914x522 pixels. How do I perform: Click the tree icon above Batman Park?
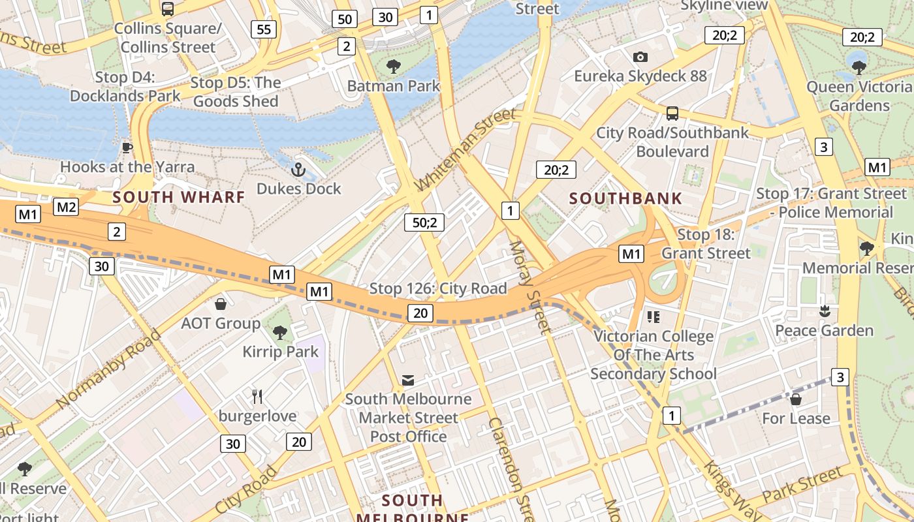[x=393, y=66]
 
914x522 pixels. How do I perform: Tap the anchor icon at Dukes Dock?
[x=298, y=170]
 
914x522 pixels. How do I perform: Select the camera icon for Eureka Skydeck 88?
[x=640, y=57]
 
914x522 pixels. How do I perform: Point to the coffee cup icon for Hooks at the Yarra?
[x=127, y=147]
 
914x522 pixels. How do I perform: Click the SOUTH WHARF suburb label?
[x=179, y=197]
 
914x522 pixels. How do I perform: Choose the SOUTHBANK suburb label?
[x=625, y=198]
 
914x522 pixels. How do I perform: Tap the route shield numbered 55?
[x=264, y=29]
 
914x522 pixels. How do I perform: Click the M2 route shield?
[x=66, y=207]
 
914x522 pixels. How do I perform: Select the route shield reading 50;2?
[x=424, y=223]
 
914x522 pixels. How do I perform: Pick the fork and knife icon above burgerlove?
[x=257, y=396]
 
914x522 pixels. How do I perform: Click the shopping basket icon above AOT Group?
[x=221, y=304]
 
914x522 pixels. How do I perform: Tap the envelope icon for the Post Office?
[x=408, y=380]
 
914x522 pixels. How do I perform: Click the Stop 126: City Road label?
[x=438, y=288]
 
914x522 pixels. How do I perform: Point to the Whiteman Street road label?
[x=465, y=151]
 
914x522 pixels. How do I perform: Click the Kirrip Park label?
[x=281, y=352]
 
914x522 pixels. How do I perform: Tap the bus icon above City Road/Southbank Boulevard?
[x=672, y=114]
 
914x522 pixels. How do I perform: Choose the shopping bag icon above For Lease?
[x=796, y=399]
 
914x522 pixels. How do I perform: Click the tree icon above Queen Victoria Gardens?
[x=859, y=67]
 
